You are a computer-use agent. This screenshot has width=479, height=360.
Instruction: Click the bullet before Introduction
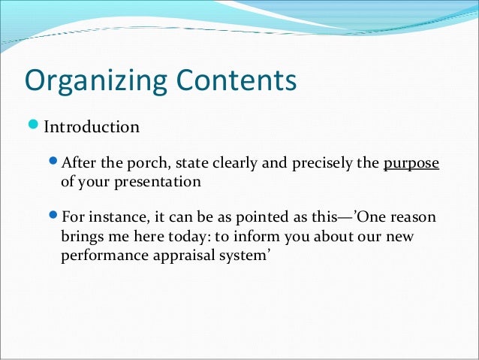pos(35,126)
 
